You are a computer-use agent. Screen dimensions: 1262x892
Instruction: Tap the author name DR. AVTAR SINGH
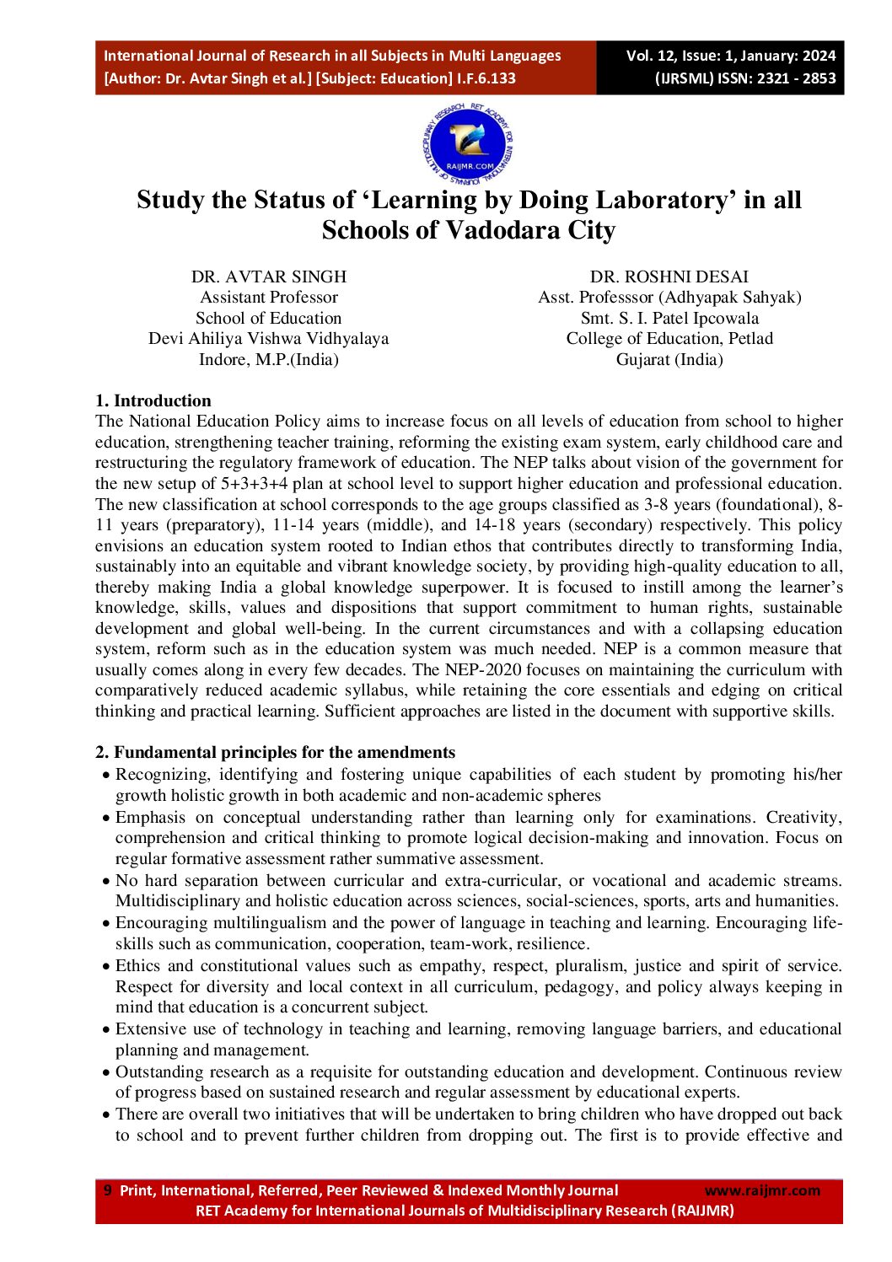268,277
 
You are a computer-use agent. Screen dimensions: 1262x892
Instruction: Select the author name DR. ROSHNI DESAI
669,277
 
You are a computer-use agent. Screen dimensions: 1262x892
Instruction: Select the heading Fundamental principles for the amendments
284,752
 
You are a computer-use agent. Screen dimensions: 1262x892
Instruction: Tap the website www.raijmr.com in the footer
761,1190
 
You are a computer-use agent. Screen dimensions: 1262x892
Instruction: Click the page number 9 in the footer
107,1190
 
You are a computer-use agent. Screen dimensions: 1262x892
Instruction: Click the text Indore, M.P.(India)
268,359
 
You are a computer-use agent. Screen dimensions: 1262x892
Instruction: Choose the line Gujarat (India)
669,359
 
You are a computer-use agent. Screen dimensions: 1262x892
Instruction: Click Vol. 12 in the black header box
650,56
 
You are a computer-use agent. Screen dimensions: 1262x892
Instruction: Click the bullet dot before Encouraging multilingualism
105,924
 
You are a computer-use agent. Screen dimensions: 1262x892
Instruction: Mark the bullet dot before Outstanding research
105,1073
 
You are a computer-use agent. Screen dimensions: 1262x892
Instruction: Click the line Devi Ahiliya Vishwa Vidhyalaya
268,339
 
